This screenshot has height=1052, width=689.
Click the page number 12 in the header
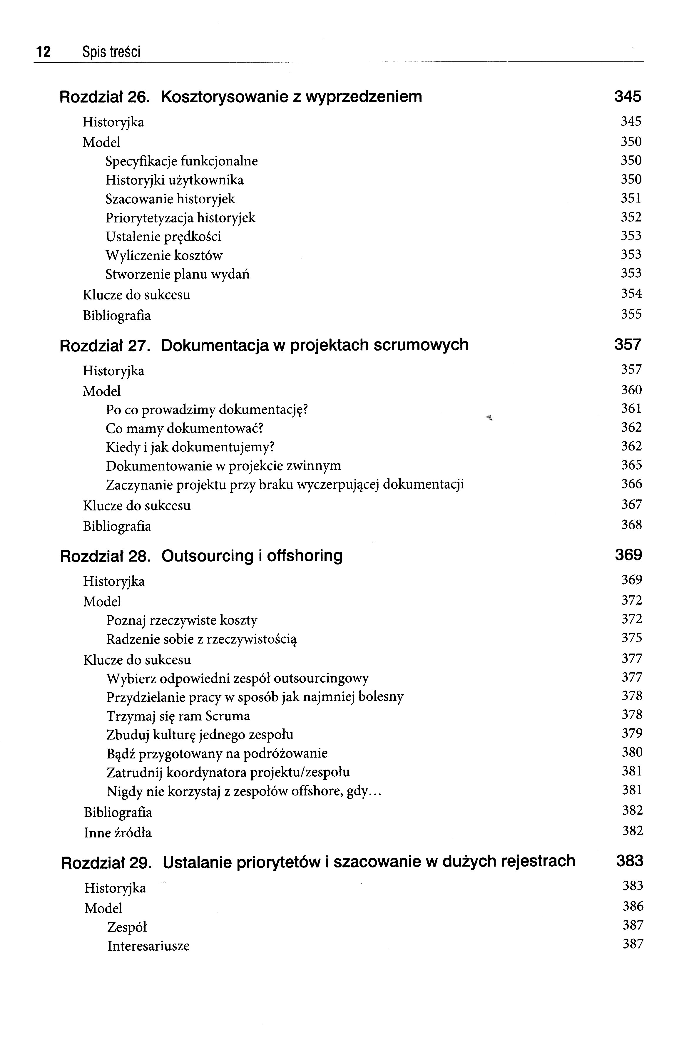(43, 52)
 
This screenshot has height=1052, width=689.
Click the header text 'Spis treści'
(111, 52)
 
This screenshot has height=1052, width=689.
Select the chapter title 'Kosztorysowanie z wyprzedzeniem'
(291, 96)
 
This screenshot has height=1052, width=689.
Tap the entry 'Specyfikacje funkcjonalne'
(181, 161)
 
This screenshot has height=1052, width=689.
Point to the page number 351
(631, 198)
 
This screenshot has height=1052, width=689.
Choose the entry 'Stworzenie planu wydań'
(177, 274)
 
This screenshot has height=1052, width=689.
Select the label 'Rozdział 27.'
(105, 345)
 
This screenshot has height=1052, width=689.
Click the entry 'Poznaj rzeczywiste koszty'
(182, 621)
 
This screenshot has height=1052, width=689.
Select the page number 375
(631, 638)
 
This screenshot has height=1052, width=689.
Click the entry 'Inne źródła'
(118, 833)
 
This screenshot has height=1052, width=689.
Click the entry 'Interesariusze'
(148, 946)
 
